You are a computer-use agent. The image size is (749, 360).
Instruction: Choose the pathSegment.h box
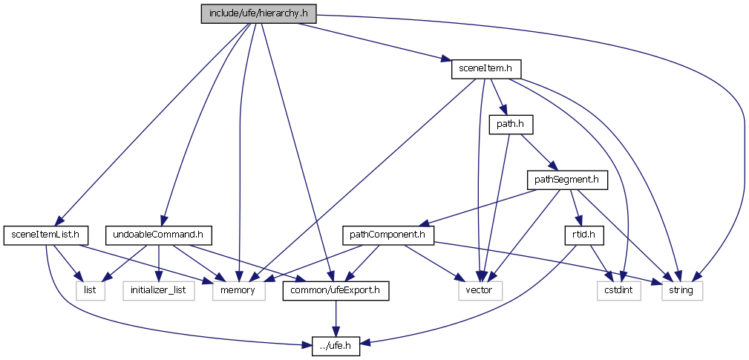click(566, 179)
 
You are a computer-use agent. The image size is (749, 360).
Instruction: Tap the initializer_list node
click(157, 290)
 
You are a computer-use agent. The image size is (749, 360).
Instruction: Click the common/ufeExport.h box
click(336, 290)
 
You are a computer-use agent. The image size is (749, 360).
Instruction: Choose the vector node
click(479, 290)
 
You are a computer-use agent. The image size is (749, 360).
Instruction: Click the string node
click(681, 290)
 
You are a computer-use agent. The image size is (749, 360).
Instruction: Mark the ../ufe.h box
click(336, 345)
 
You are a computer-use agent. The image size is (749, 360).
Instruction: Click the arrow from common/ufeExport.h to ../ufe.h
click(336, 318)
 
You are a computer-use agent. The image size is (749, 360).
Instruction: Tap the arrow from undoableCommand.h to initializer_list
click(158, 263)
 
